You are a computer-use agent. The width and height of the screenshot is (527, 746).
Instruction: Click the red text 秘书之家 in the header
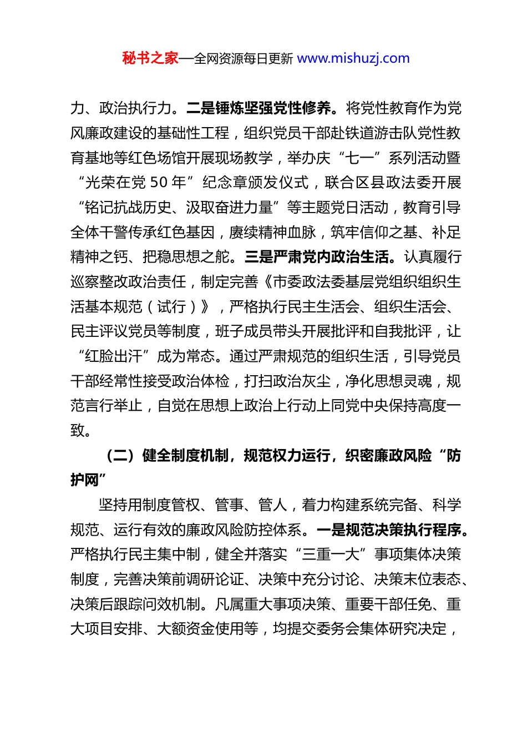pyautogui.click(x=150, y=58)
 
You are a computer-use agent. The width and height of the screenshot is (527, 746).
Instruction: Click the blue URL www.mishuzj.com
pyautogui.click(x=353, y=58)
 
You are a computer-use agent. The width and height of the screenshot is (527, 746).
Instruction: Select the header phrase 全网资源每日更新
pyautogui.click(x=244, y=58)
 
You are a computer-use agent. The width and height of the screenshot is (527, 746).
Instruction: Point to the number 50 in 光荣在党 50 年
pyautogui.click(x=160, y=183)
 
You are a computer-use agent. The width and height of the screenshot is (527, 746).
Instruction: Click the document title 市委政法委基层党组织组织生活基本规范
pyautogui.click(x=366, y=283)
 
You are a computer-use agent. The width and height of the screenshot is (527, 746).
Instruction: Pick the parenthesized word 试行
pyautogui.click(x=171, y=307)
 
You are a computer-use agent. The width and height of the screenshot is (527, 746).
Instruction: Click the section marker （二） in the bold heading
pyautogui.click(x=119, y=456)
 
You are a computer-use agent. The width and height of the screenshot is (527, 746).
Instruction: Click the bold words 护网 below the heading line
pyautogui.click(x=85, y=481)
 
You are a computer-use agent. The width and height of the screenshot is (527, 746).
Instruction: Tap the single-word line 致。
pyautogui.click(x=81, y=431)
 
